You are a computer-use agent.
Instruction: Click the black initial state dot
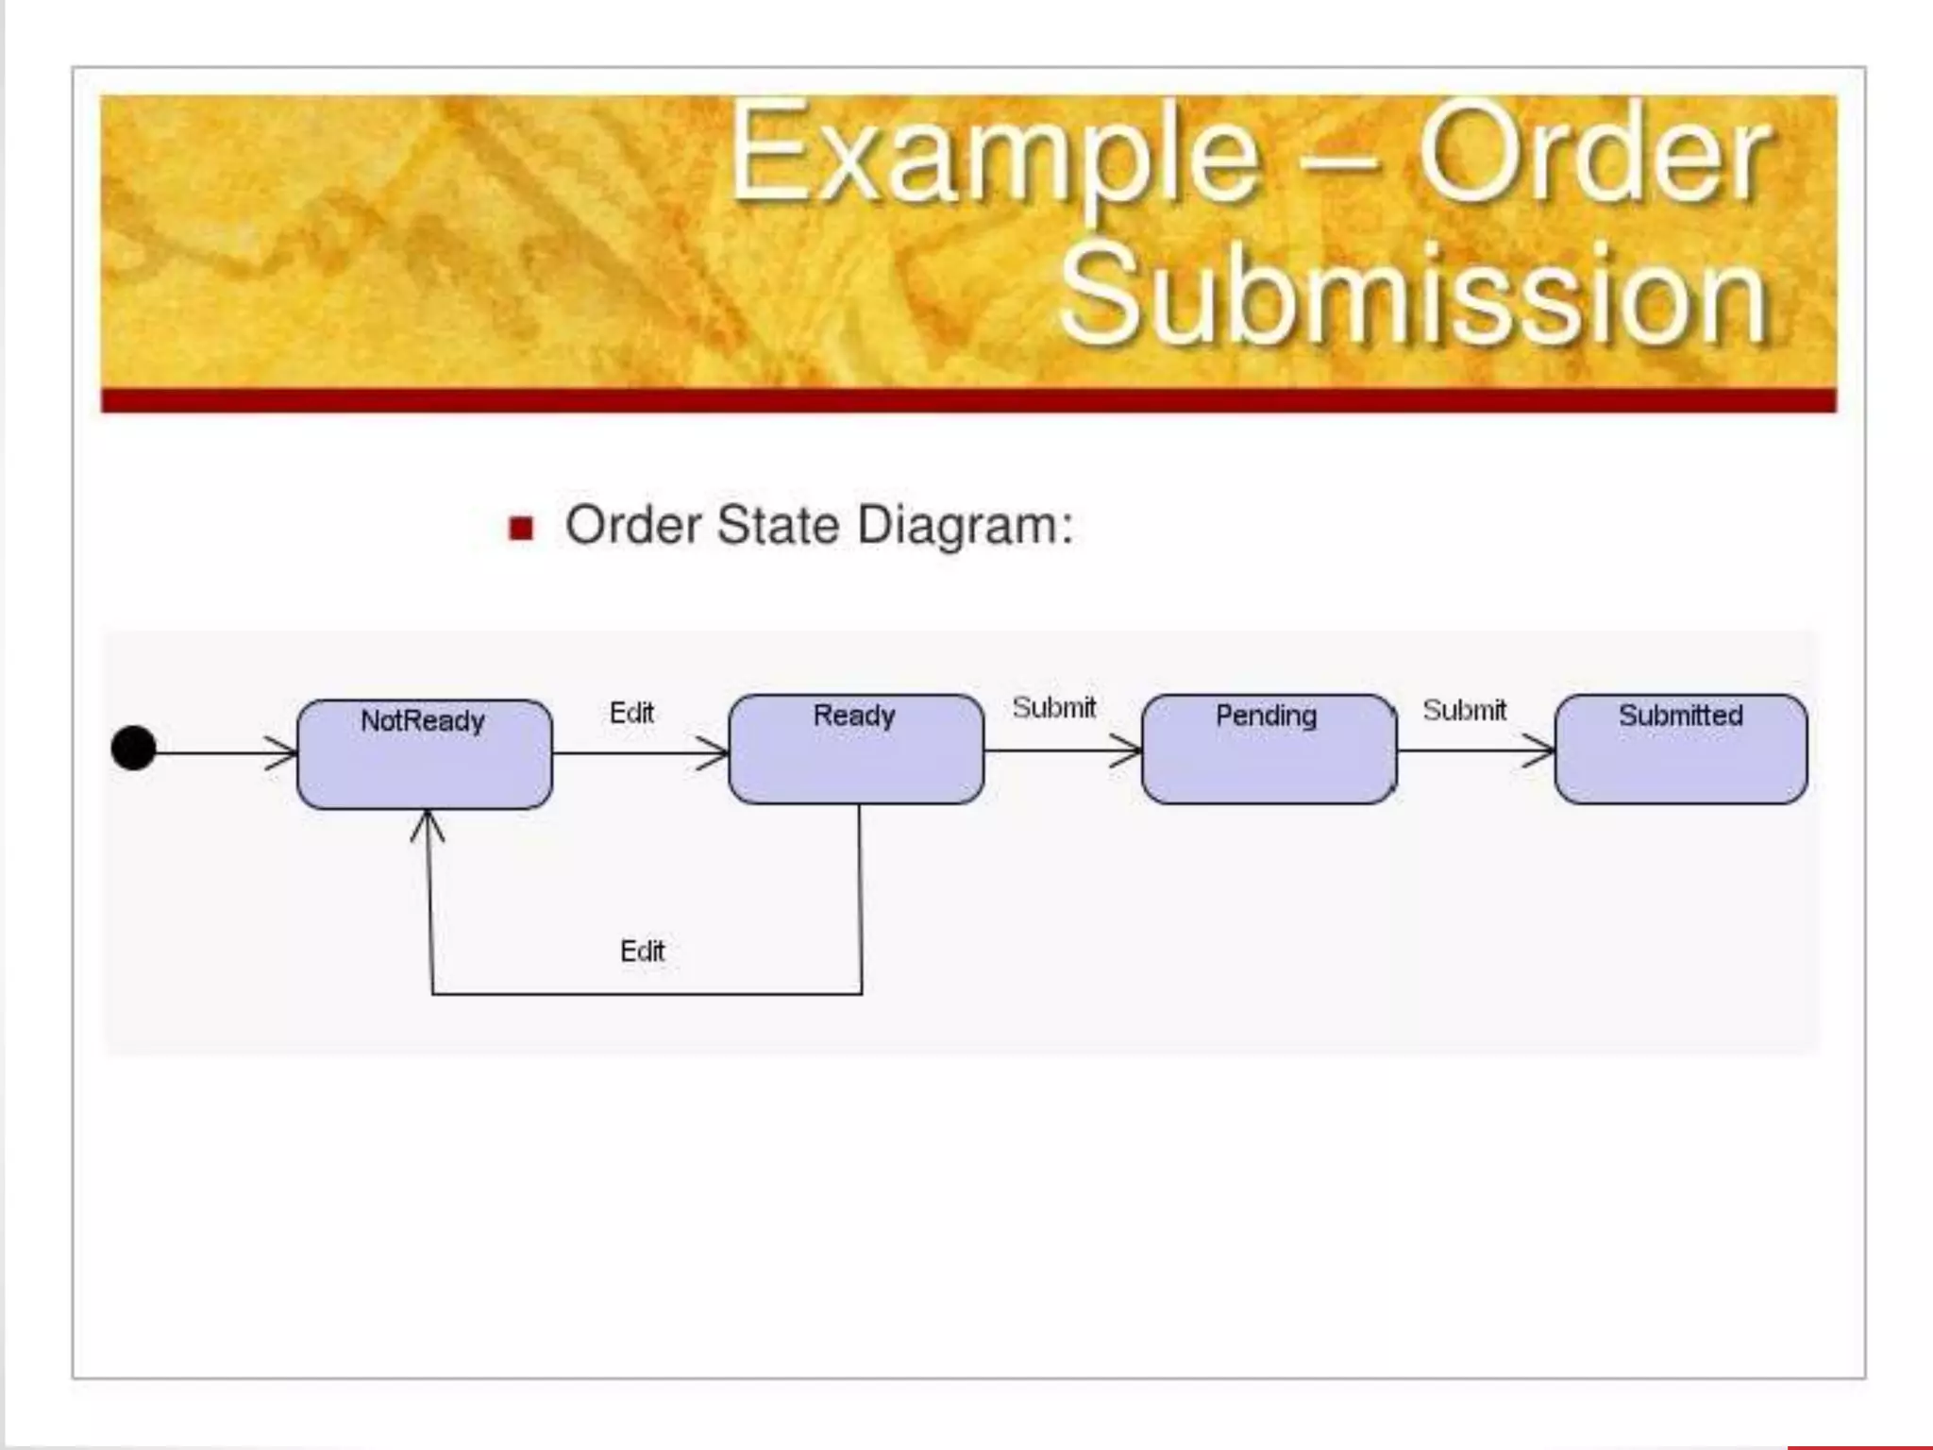[133, 748]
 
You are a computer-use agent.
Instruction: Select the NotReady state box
[424, 754]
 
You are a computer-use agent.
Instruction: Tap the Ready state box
[856, 750]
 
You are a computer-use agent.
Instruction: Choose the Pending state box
[1269, 750]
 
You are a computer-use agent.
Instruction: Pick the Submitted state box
[1680, 750]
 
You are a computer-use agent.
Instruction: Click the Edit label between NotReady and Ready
[631, 713]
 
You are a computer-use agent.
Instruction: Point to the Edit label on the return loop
[642, 951]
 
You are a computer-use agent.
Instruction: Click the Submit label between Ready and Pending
[1054, 707]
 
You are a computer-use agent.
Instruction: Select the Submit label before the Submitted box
[1464, 710]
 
